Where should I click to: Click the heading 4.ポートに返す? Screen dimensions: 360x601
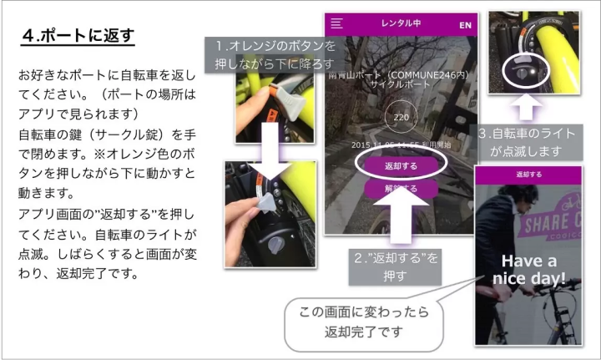point(78,37)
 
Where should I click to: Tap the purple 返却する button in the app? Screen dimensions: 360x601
point(401,166)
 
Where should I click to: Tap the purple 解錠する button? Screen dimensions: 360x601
point(401,189)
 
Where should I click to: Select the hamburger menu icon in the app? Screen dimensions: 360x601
point(337,24)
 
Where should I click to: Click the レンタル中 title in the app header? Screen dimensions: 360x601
point(402,23)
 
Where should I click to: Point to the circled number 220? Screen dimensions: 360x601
point(401,118)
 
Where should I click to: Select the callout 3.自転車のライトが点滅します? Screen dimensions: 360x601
point(533,141)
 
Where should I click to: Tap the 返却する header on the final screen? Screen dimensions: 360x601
point(528,175)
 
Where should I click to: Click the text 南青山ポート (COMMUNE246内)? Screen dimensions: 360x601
point(401,74)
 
